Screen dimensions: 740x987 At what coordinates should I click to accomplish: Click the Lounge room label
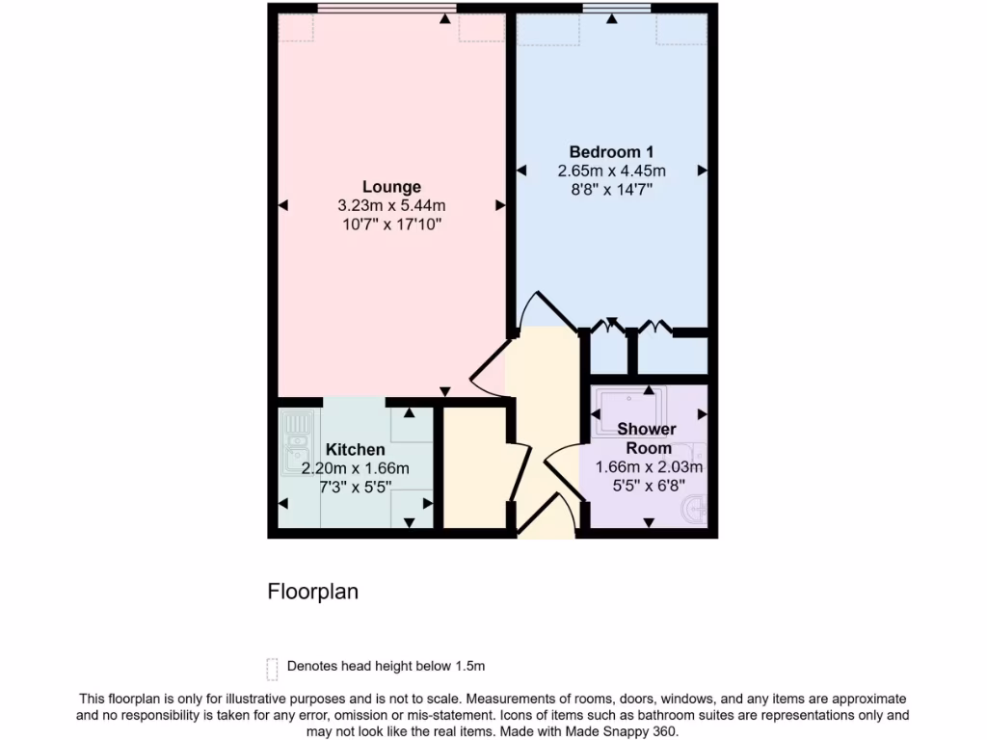tap(391, 187)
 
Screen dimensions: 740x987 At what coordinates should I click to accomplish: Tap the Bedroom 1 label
tap(611, 151)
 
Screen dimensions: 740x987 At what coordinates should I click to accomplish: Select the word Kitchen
tap(355, 450)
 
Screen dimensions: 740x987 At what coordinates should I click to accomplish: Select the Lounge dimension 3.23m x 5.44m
tap(391, 205)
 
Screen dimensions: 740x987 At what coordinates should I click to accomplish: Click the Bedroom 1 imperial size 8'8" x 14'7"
tap(611, 190)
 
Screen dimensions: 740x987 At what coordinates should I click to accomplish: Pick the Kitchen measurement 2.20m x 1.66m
tap(355, 468)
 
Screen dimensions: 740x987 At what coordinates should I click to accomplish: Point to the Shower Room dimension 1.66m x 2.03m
tap(648, 467)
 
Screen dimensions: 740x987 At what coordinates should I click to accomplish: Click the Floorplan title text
tap(312, 592)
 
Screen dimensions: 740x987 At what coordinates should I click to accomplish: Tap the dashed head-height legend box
tap(272, 668)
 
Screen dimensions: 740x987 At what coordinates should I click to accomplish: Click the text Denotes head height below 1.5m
tap(386, 666)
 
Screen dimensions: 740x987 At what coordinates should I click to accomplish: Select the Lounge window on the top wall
tap(386, 9)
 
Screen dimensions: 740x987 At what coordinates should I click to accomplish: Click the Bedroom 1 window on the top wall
tap(616, 9)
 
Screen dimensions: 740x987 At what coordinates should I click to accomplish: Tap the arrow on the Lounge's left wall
tap(283, 205)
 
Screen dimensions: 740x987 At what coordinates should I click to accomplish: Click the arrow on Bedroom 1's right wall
tap(702, 171)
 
